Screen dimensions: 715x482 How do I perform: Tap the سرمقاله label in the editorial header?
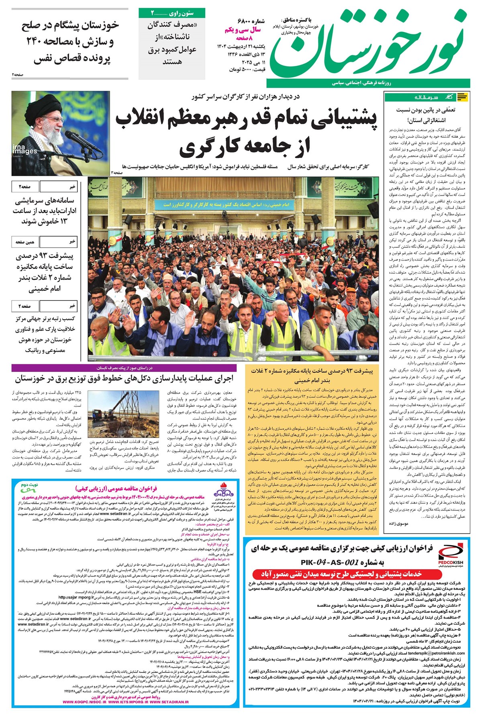426,98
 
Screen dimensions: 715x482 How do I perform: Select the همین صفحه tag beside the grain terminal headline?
25,242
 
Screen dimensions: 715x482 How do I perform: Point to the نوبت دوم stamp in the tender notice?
29,485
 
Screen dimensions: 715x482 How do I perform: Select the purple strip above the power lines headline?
125,368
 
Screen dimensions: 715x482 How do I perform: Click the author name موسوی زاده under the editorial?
398,523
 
